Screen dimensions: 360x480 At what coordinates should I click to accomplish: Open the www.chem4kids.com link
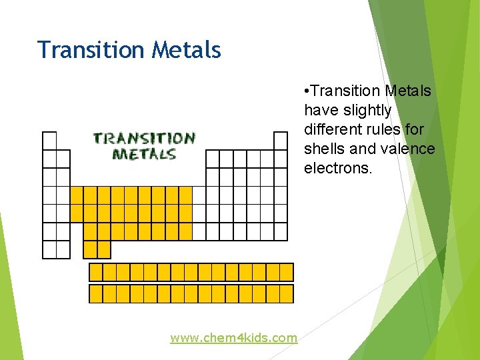point(233,338)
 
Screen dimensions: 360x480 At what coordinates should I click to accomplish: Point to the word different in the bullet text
point(333,129)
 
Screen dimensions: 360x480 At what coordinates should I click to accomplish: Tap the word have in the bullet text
point(319,110)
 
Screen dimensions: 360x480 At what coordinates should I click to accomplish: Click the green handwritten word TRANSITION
point(144,139)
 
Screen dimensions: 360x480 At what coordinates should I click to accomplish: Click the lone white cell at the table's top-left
point(49,141)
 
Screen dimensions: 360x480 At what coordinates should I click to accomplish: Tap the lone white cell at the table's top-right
point(281,141)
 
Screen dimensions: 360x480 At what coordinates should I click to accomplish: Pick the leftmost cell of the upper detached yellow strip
point(96,272)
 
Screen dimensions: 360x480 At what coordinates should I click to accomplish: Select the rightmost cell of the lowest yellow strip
point(287,294)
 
